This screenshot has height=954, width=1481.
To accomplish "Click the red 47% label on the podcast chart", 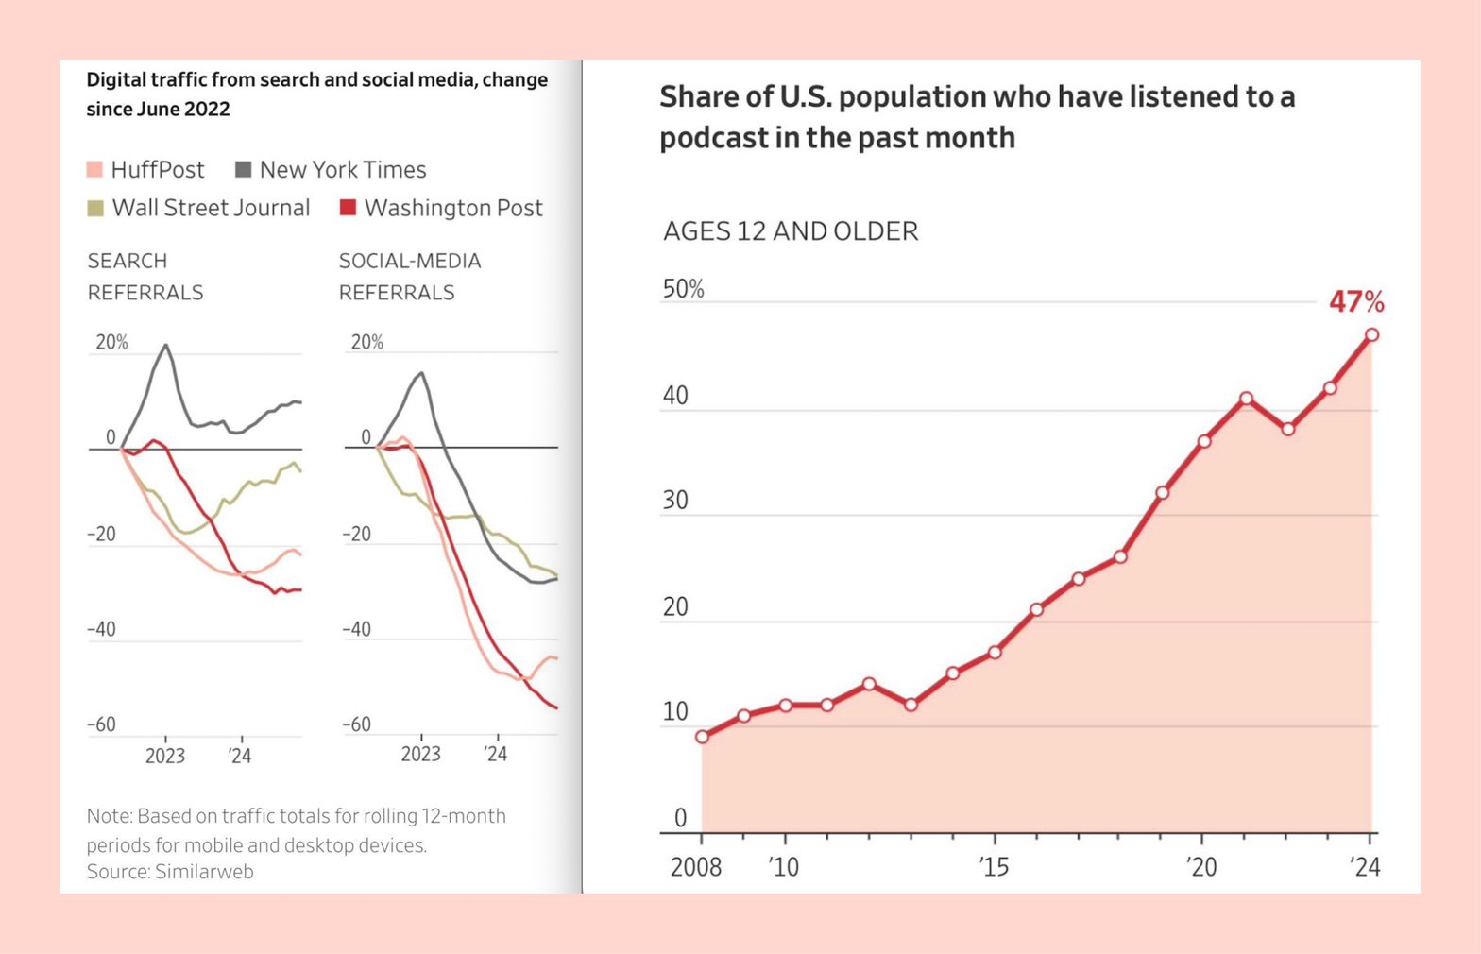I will click(x=1356, y=302).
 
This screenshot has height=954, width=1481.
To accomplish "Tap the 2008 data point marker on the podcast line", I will click(x=702, y=737).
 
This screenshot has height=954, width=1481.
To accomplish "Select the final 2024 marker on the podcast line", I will click(x=1371, y=334).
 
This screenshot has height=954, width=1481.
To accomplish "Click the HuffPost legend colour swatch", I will click(x=94, y=170).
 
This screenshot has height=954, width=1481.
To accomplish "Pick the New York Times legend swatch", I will click(x=243, y=170).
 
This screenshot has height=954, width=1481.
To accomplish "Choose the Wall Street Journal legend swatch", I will click(x=95, y=208).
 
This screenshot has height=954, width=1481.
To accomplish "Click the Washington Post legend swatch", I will click(x=348, y=208).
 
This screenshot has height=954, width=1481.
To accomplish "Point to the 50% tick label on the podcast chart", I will click(x=683, y=289).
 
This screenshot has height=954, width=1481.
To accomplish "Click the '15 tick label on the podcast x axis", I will click(x=994, y=866).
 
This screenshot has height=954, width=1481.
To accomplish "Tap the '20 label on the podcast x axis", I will click(x=1201, y=866).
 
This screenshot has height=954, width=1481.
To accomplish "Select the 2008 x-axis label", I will click(x=696, y=866).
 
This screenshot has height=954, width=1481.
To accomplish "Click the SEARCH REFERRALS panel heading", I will click(x=145, y=276).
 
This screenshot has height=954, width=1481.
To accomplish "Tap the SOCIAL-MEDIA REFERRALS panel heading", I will click(x=410, y=276).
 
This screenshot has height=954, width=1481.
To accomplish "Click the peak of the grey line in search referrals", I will click(x=166, y=346).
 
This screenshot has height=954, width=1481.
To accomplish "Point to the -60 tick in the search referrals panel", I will click(x=101, y=724).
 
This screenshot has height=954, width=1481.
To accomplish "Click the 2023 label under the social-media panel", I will click(x=420, y=754).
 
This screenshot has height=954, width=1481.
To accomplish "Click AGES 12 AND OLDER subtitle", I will click(x=791, y=231).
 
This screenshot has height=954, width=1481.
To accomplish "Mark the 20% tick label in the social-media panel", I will click(x=366, y=342).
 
